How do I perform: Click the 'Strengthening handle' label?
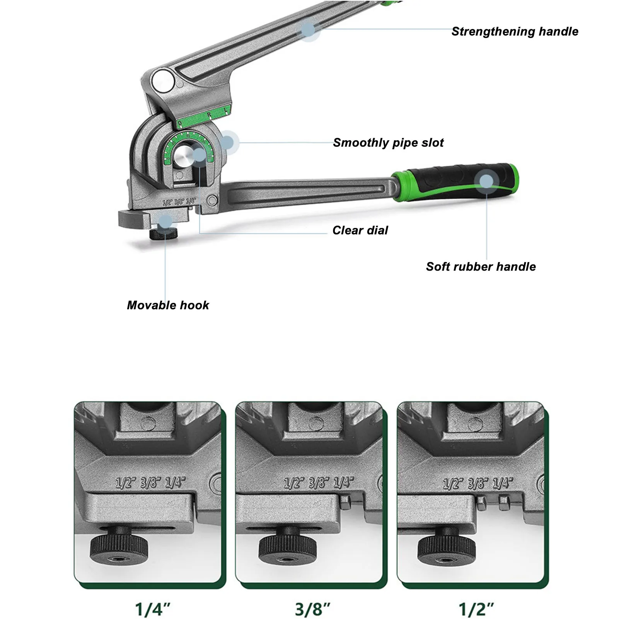pyautogui.click(x=515, y=32)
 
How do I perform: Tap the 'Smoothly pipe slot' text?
pyautogui.click(x=388, y=143)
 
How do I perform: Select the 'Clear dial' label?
pyautogui.click(x=360, y=230)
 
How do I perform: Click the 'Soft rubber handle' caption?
pyautogui.click(x=481, y=267)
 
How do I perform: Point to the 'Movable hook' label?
pyautogui.click(x=168, y=305)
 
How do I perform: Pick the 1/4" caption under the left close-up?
pyautogui.click(x=152, y=609)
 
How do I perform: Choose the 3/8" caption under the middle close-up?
pyautogui.click(x=312, y=609)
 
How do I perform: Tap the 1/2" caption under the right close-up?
pyautogui.click(x=476, y=609)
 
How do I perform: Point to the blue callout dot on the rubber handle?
pyautogui.click(x=487, y=181)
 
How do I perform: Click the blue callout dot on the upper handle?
pyautogui.click(x=308, y=29)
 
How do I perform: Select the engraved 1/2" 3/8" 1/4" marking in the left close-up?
pyautogui.click(x=150, y=483)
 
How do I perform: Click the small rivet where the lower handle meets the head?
pyautogui.click(x=212, y=200)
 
